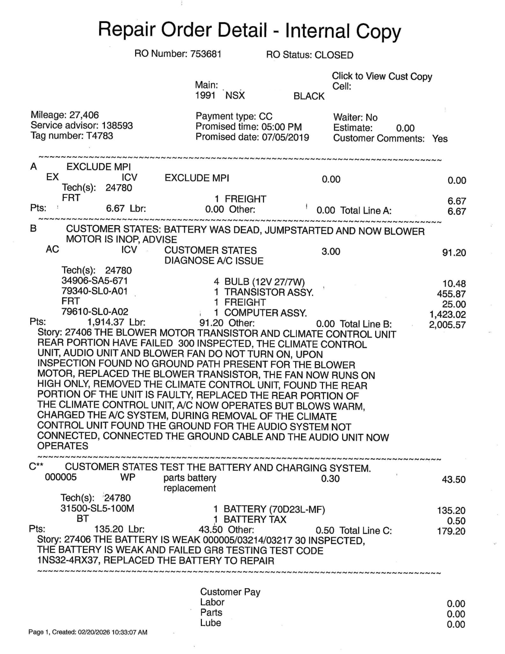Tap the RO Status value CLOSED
click(x=334, y=55)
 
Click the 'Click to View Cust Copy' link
click(x=382, y=76)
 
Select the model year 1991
click(x=205, y=96)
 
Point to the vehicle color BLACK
click(x=309, y=96)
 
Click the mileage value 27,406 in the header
click(x=84, y=115)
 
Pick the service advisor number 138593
click(x=117, y=125)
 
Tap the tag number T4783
click(x=100, y=136)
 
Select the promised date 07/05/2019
click(x=285, y=137)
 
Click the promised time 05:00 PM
click(x=282, y=127)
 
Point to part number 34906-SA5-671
click(x=95, y=281)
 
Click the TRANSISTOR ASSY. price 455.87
click(x=451, y=294)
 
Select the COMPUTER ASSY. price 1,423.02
click(x=447, y=315)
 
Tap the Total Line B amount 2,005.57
click(x=447, y=325)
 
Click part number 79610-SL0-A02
click(x=95, y=312)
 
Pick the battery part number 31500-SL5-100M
click(x=97, y=508)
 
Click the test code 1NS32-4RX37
click(x=68, y=560)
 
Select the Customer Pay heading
click(x=230, y=592)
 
